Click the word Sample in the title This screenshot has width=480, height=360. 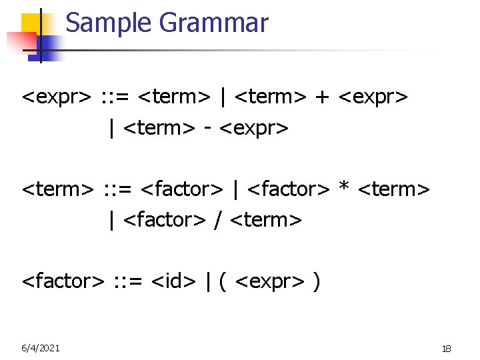[109, 23]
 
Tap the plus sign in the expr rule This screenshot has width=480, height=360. [323, 98]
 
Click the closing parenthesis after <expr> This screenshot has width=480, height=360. [315, 281]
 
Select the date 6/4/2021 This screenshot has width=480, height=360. [41, 348]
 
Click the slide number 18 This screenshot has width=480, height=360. [447, 349]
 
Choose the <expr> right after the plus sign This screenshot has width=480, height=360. [373, 98]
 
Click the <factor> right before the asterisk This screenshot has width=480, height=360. [289, 190]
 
